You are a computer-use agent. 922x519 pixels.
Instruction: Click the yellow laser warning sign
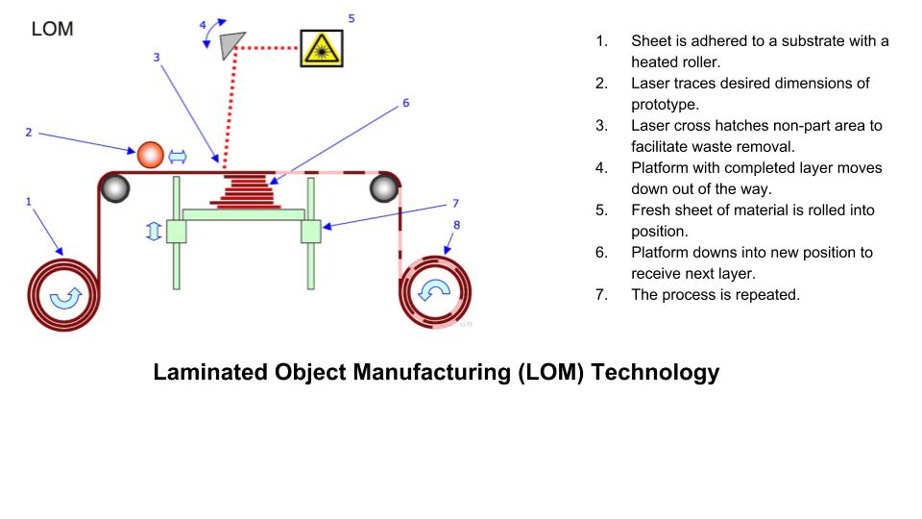321,47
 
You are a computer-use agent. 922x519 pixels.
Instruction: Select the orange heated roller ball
151,154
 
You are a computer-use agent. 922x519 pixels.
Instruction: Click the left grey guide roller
115,188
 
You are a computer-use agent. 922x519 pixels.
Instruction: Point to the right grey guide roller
383,188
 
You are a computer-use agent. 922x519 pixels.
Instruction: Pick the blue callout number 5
351,17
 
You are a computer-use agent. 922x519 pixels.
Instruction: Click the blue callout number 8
456,225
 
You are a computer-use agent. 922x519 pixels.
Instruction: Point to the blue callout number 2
29,133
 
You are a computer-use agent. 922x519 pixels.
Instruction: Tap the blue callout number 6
405,102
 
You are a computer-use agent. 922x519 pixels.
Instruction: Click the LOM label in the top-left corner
52,29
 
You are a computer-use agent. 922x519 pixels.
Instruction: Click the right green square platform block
310,232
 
